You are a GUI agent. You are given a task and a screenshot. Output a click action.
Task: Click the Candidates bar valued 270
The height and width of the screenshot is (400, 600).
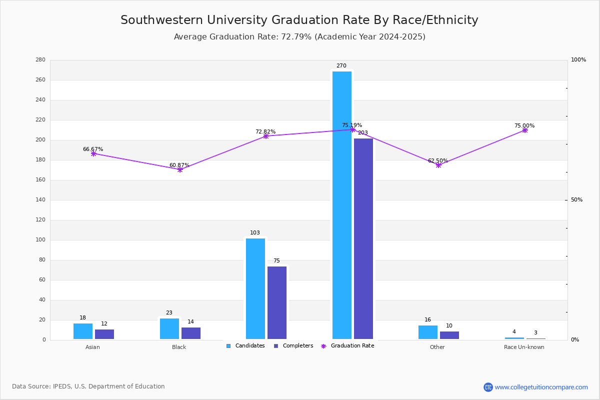(342, 205)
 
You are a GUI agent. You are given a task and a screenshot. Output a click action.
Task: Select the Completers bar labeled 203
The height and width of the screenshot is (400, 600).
(363, 238)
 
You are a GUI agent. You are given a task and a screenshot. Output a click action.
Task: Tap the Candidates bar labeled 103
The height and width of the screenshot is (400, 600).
(255, 288)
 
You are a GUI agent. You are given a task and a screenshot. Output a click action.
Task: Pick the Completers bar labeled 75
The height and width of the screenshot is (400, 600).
(277, 302)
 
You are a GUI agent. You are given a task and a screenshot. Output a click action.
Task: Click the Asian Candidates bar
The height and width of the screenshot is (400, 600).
(83, 331)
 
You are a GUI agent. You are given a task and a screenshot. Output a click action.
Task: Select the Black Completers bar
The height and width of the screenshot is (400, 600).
(191, 333)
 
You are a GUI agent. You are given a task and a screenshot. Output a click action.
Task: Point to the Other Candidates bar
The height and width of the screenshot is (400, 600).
(428, 332)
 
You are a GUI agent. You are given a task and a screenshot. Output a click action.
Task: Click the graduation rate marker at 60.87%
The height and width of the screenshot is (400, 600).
(180, 169)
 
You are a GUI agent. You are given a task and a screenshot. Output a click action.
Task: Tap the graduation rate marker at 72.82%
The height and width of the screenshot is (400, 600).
(265, 136)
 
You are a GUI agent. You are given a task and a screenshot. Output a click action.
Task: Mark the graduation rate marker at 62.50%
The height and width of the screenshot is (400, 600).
(438, 165)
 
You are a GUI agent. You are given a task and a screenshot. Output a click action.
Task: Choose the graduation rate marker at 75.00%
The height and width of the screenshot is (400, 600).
(525, 130)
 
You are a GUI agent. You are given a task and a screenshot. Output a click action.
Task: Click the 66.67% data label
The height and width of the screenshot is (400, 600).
(93, 149)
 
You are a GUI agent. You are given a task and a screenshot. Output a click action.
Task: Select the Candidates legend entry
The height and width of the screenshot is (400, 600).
(245, 346)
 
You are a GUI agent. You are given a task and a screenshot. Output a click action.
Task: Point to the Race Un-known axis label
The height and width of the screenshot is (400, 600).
(524, 347)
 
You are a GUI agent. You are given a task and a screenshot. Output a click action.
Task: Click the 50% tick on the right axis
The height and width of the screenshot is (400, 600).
(576, 200)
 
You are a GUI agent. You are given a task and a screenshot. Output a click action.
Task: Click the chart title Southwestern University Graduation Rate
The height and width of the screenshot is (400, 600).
(299, 20)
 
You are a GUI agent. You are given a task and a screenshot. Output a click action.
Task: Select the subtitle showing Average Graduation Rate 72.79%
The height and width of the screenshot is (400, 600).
(299, 37)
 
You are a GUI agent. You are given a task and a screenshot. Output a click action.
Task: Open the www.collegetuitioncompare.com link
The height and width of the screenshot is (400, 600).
(541, 387)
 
